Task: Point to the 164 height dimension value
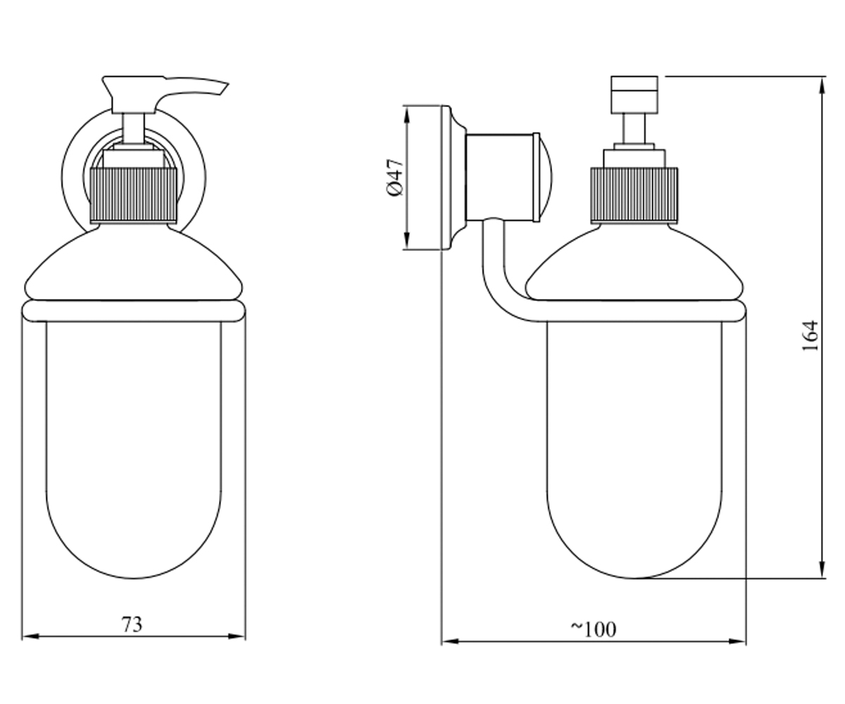(x=810, y=337)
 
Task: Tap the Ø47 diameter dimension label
(x=395, y=177)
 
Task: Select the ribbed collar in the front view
(x=133, y=196)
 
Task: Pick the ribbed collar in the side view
(x=634, y=196)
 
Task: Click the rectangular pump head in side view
(x=634, y=94)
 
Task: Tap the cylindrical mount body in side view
(x=499, y=177)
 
